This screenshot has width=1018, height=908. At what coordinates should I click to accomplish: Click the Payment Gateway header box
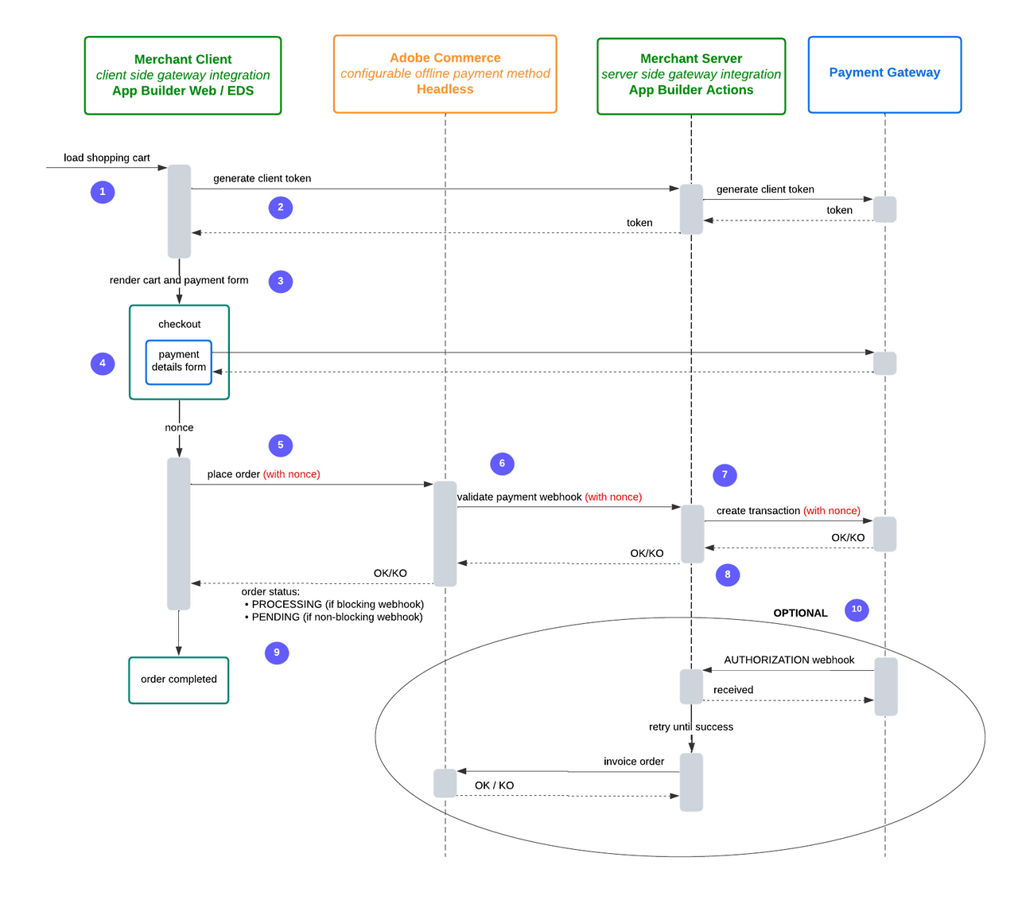[x=884, y=73]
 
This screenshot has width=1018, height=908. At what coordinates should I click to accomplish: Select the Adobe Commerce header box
[x=445, y=74]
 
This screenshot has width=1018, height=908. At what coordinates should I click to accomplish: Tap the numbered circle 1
[x=103, y=192]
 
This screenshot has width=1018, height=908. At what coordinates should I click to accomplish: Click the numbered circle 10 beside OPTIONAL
[x=857, y=610]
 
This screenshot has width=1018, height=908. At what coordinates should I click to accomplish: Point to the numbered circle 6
[x=502, y=463]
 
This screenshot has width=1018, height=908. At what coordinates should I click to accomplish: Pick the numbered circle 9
[x=277, y=653]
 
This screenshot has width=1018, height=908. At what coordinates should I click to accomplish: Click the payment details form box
[x=179, y=361]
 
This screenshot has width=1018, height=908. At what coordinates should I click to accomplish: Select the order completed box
[x=179, y=680]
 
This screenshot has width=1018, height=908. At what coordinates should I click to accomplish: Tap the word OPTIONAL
[x=800, y=613]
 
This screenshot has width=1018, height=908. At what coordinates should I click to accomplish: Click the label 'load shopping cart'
[x=107, y=158]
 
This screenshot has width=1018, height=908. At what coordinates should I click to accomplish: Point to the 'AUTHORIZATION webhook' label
[x=789, y=660]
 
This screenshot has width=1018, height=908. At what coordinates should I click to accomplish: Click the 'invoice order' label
[x=634, y=762]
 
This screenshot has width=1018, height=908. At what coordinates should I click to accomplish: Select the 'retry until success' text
[x=691, y=727]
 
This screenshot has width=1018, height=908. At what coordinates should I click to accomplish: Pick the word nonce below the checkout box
[x=179, y=427]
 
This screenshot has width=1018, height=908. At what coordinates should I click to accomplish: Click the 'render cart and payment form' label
[x=179, y=280]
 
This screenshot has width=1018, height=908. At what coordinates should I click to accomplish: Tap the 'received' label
[x=733, y=690]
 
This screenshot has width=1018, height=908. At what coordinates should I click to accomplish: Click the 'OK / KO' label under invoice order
[x=494, y=785]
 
